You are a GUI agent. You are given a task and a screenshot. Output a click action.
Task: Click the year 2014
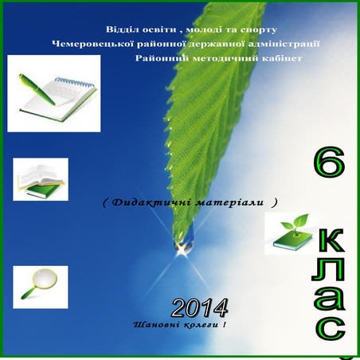click(x=200, y=307)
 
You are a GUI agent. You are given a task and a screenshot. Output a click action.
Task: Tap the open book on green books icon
click(x=40, y=180)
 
